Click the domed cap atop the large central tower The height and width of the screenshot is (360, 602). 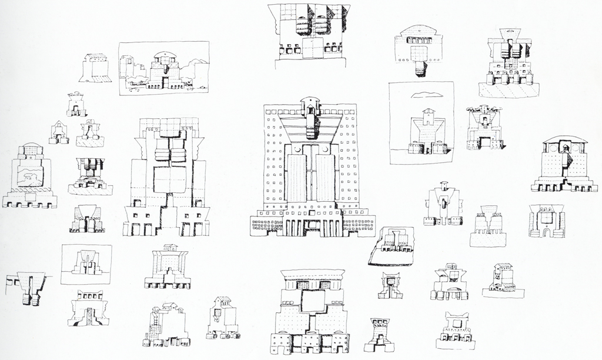click(310, 101)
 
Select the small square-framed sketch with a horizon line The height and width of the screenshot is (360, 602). click(86, 264)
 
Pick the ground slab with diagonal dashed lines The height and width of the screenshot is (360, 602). click(509, 89)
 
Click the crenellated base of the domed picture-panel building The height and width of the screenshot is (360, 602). click(30, 201)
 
